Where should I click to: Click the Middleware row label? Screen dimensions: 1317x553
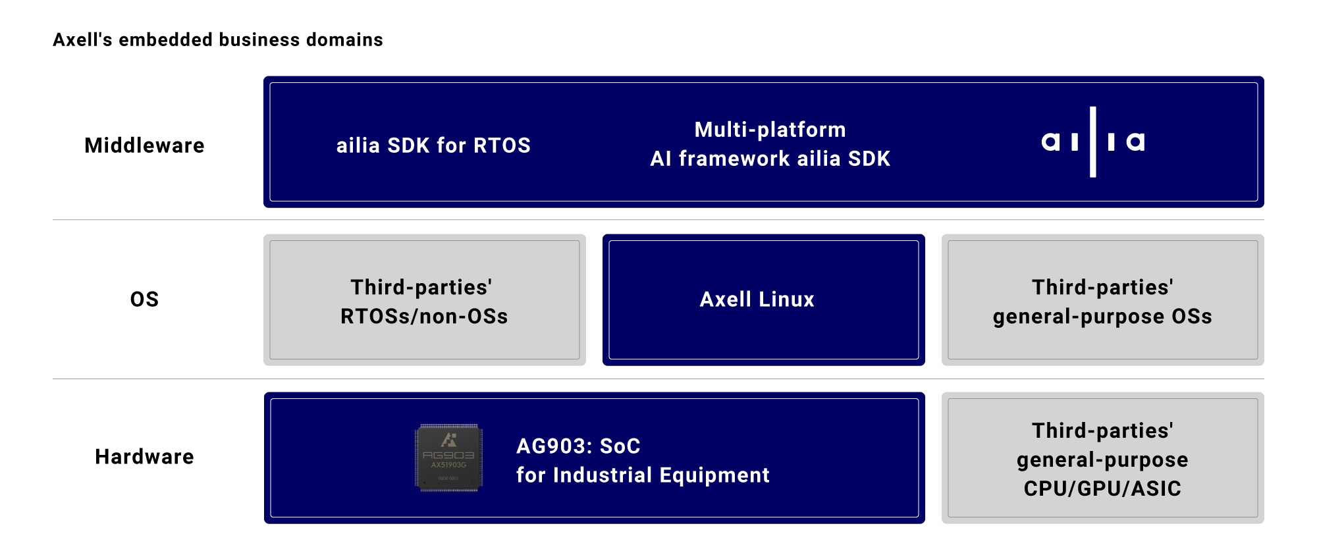(144, 145)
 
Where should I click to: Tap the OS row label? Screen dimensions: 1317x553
(144, 300)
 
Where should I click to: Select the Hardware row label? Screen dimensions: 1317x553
(144, 457)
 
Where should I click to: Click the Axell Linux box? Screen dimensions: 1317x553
(763, 300)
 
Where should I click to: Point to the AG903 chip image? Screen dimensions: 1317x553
(448, 458)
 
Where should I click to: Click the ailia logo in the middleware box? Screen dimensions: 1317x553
(1093, 142)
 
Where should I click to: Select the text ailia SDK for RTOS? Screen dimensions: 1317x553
(433, 145)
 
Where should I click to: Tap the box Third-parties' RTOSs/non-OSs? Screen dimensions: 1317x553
(425, 300)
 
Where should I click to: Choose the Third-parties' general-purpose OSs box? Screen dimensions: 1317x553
(1102, 300)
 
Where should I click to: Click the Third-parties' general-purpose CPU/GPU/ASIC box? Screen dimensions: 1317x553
(1102, 458)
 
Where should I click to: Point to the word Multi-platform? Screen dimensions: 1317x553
(770, 130)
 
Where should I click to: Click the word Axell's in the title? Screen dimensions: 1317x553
(83, 40)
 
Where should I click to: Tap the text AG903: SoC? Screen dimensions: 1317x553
(578, 446)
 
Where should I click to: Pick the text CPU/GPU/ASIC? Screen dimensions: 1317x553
(1102, 488)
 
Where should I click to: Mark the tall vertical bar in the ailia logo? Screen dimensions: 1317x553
(1093, 142)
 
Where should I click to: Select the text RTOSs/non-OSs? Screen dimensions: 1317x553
(424, 317)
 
